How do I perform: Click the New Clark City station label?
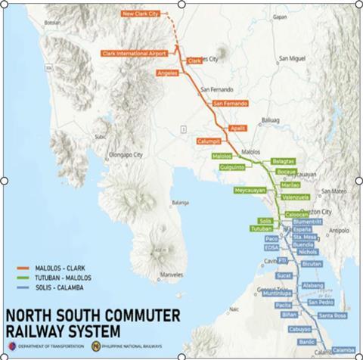[143, 14]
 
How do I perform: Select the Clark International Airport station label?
[133, 54]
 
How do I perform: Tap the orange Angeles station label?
[168, 73]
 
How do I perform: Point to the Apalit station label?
[239, 129]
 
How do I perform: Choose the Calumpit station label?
[209, 141]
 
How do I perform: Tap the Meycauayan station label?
[250, 191]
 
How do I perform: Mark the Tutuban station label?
[261, 228]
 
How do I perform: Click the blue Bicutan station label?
[311, 265]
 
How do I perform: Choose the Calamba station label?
[343, 350]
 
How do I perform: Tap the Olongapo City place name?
[126, 154]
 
